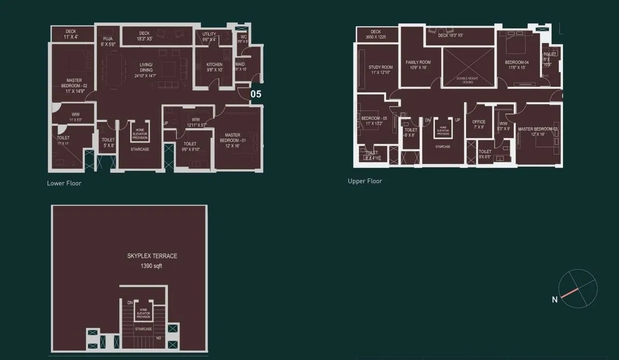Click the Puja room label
tap(108, 39)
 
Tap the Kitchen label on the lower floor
tap(214, 65)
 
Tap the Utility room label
tap(209, 34)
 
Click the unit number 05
tap(256, 94)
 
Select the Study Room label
tap(381, 67)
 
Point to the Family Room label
tap(418, 62)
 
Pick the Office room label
tap(479, 122)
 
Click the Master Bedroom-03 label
tap(538, 129)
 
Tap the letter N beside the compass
tap(554, 299)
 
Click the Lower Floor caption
tap(64, 183)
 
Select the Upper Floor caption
tap(365, 181)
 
